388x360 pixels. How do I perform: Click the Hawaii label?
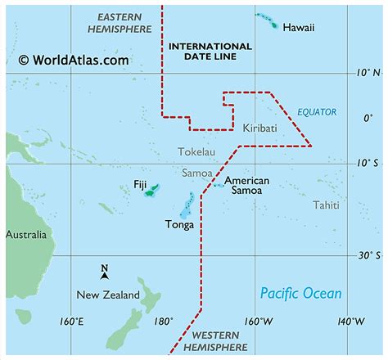click(x=298, y=28)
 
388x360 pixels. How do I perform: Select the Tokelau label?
click(x=197, y=151)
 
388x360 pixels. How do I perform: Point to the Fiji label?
click(x=139, y=185)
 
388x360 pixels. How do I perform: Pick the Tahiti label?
click(x=326, y=205)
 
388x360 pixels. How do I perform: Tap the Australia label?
click(x=26, y=235)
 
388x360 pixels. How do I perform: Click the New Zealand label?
click(x=108, y=295)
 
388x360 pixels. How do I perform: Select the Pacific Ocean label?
click(x=300, y=293)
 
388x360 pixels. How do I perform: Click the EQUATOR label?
click(x=317, y=112)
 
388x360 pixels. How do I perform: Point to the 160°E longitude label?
click(x=71, y=320)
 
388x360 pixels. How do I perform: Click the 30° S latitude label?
click(x=369, y=254)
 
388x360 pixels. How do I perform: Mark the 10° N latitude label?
click(x=370, y=73)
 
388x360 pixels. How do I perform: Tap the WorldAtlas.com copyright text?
click(x=73, y=59)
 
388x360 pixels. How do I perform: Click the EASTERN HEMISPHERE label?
click(x=119, y=23)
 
